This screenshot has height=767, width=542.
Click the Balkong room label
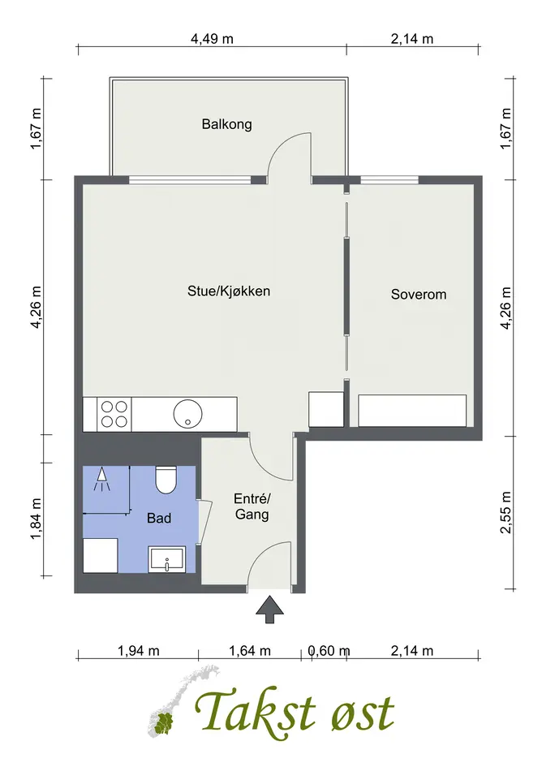point(227,124)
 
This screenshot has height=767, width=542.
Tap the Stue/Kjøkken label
point(229,291)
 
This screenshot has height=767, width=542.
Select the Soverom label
point(419,295)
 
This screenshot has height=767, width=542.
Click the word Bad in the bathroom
point(159,518)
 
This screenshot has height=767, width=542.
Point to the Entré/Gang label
point(252,506)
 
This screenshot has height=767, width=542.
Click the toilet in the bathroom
point(166,480)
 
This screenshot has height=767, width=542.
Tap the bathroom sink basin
point(167,559)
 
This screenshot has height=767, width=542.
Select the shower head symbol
point(102,478)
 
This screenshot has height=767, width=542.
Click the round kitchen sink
point(187,414)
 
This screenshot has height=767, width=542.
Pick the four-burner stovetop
point(114,414)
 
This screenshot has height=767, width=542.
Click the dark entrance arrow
point(269,610)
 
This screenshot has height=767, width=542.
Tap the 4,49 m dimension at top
point(212,39)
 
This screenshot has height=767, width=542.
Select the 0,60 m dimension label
point(329,651)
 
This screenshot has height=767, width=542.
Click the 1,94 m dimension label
point(139,651)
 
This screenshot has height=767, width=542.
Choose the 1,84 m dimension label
point(36,519)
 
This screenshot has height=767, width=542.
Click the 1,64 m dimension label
point(249,651)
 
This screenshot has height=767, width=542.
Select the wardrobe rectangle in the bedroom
point(412,411)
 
